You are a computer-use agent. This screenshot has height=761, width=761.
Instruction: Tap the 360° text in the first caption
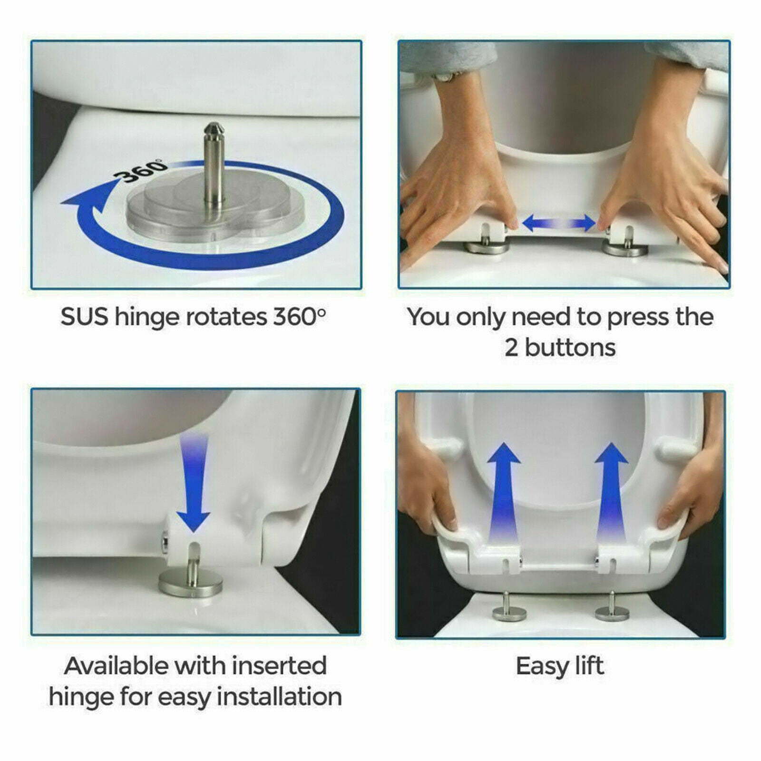[x=300, y=317]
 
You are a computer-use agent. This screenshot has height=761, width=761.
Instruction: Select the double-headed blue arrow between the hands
[x=559, y=223]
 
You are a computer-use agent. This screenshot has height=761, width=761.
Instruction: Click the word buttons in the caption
[x=570, y=348]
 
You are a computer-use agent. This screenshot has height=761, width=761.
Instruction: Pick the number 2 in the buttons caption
[x=511, y=348]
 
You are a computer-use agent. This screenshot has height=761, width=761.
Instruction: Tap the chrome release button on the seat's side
[x=165, y=544]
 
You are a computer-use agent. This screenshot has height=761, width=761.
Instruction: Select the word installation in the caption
[x=280, y=697]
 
